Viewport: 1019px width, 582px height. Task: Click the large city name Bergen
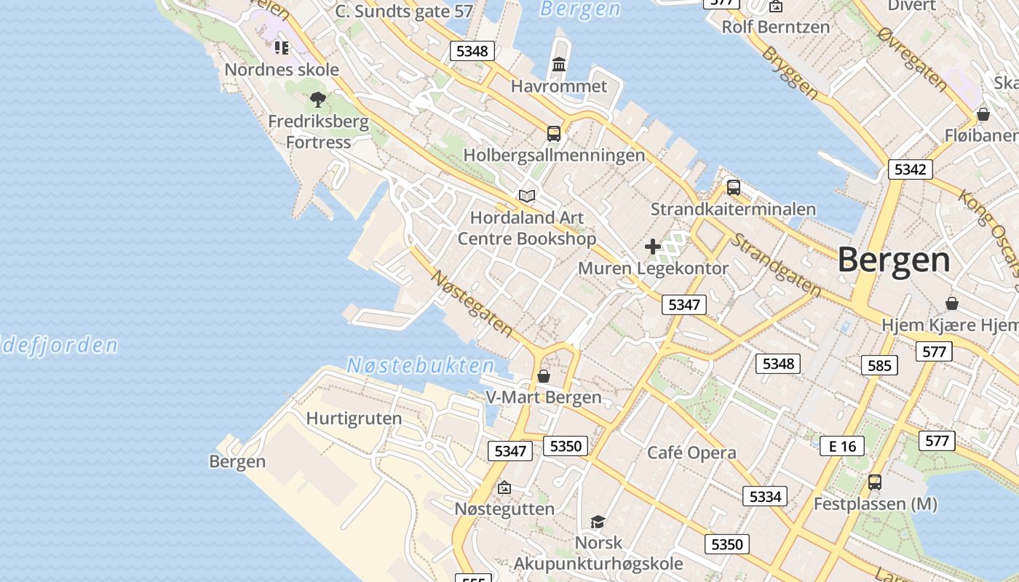[894, 260]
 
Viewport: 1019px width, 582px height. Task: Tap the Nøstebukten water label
[420, 365]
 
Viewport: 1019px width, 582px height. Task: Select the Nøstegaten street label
[472, 303]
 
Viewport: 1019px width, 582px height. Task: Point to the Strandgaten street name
[776, 265]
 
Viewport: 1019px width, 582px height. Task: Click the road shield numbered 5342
[910, 170]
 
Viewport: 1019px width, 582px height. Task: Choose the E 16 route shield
[842, 446]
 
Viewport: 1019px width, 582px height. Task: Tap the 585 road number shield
[879, 365]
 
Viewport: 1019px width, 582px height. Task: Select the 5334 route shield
[765, 496]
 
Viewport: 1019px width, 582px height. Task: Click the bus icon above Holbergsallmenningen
[554, 133]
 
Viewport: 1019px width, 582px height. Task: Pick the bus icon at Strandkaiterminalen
[734, 188]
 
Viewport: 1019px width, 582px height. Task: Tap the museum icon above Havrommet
[559, 65]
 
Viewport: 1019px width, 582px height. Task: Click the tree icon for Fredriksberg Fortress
[317, 100]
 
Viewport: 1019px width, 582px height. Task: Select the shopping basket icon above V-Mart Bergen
[543, 376]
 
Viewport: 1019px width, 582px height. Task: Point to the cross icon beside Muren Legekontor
[653, 247]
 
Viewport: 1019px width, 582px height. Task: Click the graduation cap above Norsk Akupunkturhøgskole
[598, 522]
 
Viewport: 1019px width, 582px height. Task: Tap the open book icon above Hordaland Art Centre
[527, 196]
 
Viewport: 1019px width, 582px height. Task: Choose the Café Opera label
[691, 453]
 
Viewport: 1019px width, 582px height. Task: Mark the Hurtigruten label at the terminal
[354, 418]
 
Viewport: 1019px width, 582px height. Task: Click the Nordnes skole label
[282, 70]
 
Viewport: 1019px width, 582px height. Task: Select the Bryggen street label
[790, 73]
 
